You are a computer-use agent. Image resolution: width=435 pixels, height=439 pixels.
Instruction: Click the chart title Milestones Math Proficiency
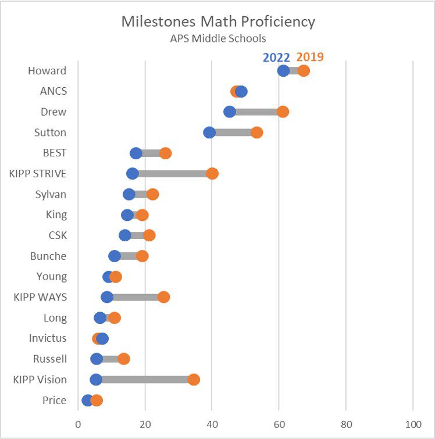[x=218, y=22]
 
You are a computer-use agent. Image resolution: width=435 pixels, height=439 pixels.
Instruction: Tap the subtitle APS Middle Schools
[x=218, y=39]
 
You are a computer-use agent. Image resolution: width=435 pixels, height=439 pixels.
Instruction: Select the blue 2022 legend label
[x=277, y=57]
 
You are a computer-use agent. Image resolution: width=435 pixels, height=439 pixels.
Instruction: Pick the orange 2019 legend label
[x=310, y=57]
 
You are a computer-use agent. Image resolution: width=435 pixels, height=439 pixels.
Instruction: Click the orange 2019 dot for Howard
[x=304, y=71]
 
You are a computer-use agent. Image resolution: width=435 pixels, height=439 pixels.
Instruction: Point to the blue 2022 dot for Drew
[x=230, y=112]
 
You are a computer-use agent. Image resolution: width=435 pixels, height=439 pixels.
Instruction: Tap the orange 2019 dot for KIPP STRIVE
[x=212, y=173]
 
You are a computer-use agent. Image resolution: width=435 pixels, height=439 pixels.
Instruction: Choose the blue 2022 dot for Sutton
[x=209, y=133]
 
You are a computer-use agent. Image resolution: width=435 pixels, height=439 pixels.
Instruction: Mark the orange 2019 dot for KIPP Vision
[x=194, y=380]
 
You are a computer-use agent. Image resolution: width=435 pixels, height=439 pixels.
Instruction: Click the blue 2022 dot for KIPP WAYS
[x=107, y=297]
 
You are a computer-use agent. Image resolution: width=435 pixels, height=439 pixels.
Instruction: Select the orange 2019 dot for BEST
[x=166, y=153]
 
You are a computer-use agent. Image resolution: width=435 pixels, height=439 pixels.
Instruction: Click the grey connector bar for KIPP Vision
[x=145, y=380]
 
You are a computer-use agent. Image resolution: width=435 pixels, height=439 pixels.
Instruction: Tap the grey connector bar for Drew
[x=256, y=112]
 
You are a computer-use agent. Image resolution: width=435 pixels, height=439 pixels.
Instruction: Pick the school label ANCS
[x=54, y=91]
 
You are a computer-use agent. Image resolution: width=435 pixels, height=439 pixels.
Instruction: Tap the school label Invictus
[x=48, y=338]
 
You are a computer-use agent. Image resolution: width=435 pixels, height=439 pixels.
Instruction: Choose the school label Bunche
[x=48, y=256]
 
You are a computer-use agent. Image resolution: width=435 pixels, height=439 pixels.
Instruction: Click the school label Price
[x=55, y=401]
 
